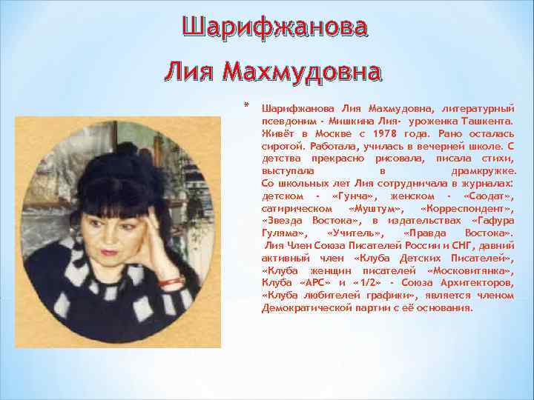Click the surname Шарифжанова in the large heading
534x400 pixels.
click(274, 27)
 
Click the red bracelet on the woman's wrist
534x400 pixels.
click(171, 281)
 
